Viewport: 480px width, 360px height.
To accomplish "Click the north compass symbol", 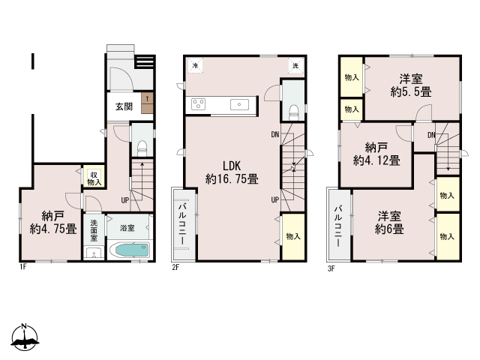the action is pyautogui.click(x=25, y=337).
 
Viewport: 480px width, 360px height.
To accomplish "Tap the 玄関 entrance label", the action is pyautogui.click(x=124, y=106).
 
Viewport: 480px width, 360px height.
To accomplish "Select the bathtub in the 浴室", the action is pyautogui.click(x=129, y=250).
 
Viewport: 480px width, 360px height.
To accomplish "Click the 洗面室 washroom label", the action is pyautogui.click(x=94, y=230).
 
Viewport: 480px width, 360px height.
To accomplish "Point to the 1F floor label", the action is pyautogui.click(x=23, y=267).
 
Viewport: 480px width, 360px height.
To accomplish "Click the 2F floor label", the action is pyautogui.click(x=175, y=268).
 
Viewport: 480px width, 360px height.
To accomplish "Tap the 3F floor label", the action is pyautogui.click(x=331, y=268).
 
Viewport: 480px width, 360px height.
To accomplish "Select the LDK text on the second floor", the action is pyautogui.click(x=232, y=166).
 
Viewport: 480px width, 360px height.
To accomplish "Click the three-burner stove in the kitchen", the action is pyautogui.click(x=198, y=104).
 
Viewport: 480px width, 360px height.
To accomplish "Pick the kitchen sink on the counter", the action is pyautogui.click(x=239, y=104).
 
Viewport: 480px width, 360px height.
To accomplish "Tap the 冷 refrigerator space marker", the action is pyautogui.click(x=195, y=65).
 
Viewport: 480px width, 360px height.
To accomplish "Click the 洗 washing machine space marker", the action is pyautogui.click(x=295, y=65).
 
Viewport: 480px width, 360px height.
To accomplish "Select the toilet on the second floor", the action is pyautogui.click(x=293, y=112).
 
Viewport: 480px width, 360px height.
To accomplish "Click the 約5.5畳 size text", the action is pyautogui.click(x=411, y=91).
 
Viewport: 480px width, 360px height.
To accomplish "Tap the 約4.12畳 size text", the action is pyautogui.click(x=376, y=160).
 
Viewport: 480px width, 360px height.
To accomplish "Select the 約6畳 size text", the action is pyautogui.click(x=389, y=229).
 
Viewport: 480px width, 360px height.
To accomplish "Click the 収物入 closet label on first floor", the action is pyautogui.click(x=94, y=178).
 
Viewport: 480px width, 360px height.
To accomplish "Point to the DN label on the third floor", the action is pyautogui.click(x=432, y=135).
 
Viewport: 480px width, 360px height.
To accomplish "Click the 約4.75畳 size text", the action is pyautogui.click(x=53, y=229).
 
